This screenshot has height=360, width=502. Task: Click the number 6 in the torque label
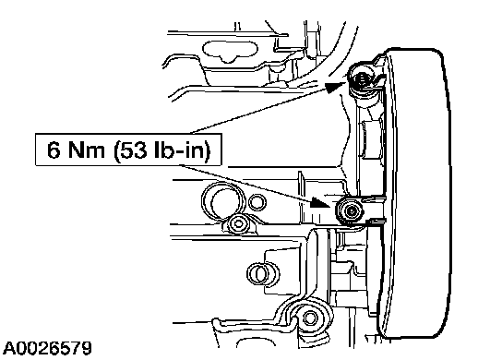point(54,150)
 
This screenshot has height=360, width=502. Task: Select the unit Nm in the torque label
point(86,150)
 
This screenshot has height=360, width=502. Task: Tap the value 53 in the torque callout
point(133,150)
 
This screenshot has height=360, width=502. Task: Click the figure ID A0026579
point(47,348)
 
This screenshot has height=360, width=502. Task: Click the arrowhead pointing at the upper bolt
point(336,87)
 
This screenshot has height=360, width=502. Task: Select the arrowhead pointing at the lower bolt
point(321,202)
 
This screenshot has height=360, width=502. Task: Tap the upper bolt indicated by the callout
point(363,79)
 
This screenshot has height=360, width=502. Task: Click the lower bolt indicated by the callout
point(350,210)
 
